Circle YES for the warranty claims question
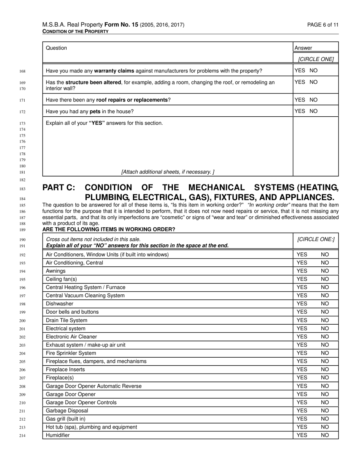[300, 70]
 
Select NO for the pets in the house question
[313, 111]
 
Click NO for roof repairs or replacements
[313, 100]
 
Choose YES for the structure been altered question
[300, 82]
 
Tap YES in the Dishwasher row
[302, 304]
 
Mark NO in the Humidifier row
[325, 435]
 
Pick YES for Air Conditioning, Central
[302, 263]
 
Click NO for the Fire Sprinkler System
[325, 353]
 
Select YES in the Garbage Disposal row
[302, 411]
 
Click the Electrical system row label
[66, 328]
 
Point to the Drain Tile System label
[66, 320]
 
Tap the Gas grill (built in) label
[66, 419]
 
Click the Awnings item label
[56, 271]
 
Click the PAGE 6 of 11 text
[323, 25]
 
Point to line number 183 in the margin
[22, 189]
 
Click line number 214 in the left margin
[22, 436]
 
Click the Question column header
[56, 48]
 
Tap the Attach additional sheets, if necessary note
[168, 172]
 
